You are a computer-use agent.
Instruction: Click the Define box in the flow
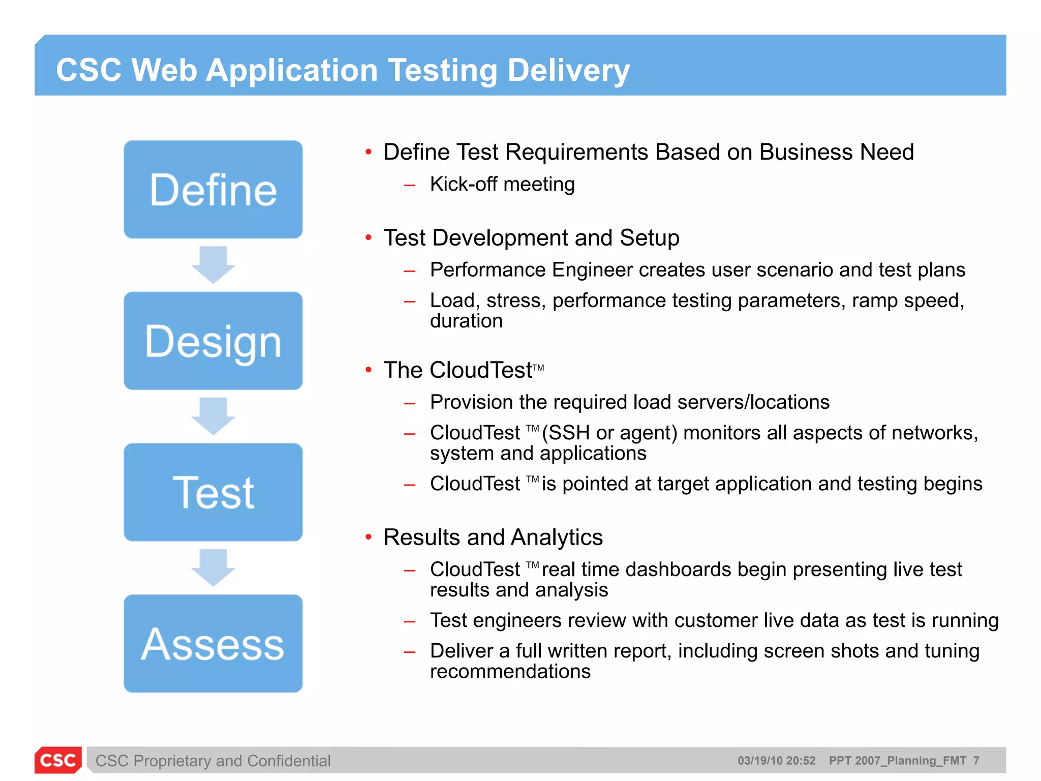[213, 190]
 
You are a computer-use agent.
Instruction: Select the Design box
[213, 341]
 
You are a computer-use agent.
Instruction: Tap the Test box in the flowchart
[213, 492]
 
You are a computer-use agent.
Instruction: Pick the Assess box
[213, 644]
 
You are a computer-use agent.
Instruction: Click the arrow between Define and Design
[213, 265]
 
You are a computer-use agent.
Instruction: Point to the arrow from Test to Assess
[213, 567]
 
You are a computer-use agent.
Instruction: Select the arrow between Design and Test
[213, 416]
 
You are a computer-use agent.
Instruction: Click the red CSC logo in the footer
[58, 760]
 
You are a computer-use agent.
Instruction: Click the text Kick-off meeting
[502, 184]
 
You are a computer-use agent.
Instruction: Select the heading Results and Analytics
[493, 537]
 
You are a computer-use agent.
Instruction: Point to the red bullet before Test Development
[369, 237]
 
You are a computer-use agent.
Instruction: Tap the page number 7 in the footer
[976, 761]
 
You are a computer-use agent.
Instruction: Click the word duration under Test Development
[466, 321]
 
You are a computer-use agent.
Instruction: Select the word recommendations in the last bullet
[510, 672]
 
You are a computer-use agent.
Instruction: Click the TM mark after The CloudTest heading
[539, 368]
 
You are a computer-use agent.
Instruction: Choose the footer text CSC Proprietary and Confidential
[213, 761]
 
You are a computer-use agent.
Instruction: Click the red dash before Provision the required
[410, 404]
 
